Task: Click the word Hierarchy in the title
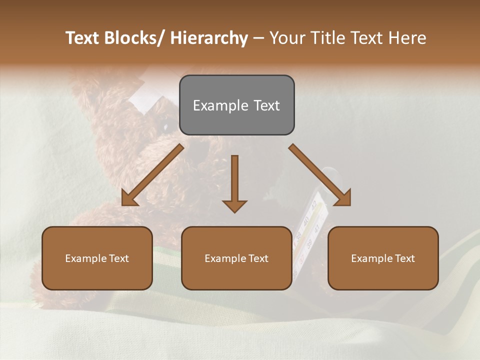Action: click(x=209, y=38)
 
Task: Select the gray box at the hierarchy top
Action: click(x=236, y=105)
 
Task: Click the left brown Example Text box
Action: click(x=97, y=258)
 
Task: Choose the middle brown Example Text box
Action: click(x=236, y=258)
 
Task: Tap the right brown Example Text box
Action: click(x=383, y=258)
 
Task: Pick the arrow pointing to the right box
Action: click(x=320, y=175)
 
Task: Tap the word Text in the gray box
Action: click(x=266, y=105)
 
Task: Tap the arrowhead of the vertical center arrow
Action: click(x=234, y=206)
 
